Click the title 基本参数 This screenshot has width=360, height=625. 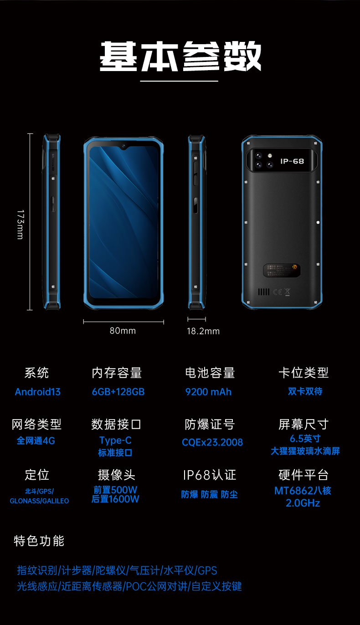point(180,56)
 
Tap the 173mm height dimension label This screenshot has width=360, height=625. point(21,224)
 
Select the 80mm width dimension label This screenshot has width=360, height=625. point(123,331)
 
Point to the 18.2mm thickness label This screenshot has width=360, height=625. point(203,331)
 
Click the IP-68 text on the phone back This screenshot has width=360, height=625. point(292,161)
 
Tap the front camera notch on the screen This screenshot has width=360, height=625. point(123,146)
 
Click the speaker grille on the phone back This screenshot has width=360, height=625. point(264,292)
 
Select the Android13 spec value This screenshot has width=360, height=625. point(38,392)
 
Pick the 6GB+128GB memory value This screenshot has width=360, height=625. point(118,392)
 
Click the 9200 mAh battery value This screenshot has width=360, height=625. point(208,392)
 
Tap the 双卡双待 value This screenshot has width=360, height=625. point(305,391)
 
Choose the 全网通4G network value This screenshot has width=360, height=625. point(36,441)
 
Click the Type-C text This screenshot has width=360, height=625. point(116,441)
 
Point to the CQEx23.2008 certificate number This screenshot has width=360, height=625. point(212,442)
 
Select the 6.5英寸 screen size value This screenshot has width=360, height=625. point(305,438)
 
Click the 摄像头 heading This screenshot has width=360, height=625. point(117,475)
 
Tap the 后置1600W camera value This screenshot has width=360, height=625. point(115,499)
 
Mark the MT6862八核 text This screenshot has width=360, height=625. point(303,491)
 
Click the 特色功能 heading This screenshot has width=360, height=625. point(39,541)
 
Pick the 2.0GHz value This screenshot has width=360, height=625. point(303,503)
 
